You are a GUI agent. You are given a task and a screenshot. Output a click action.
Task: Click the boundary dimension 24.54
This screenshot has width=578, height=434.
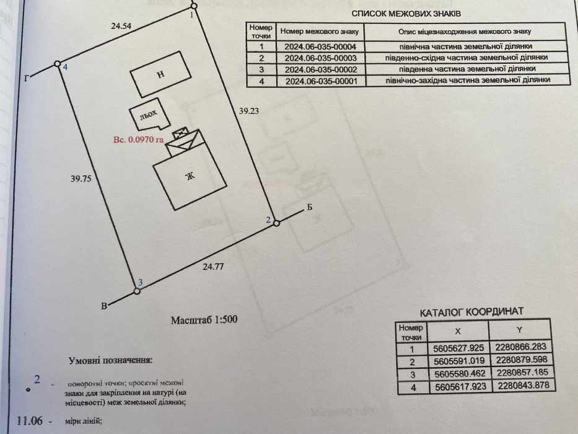[x=123, y=27]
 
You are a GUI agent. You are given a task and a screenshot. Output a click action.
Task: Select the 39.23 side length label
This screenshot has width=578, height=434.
[x=250, y=111]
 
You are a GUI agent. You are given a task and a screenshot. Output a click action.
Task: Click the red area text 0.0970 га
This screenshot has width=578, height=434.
[x=138, y=140]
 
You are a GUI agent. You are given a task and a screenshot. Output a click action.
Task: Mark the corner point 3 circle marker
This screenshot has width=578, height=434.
[x=136, y=290]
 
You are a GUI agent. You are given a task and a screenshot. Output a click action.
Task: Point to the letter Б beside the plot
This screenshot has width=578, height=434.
[x=309, y=209]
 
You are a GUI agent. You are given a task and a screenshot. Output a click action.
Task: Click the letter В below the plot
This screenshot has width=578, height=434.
[x=103, y=305]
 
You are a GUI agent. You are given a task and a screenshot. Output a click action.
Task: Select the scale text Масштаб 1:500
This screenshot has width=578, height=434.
[x=204, y=320]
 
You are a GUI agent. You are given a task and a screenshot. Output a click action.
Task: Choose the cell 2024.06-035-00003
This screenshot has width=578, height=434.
[x=319, y=57]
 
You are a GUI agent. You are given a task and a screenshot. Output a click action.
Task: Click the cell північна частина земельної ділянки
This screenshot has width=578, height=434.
[x=465, y=46]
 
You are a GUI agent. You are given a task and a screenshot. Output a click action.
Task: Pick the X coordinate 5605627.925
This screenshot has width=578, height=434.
[x=458, y=348]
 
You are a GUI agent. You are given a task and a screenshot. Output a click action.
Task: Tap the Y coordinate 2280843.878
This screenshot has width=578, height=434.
[x=522, y=386]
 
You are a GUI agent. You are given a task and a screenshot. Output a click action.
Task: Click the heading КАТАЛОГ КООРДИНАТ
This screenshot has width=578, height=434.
[x=471, y=311]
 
